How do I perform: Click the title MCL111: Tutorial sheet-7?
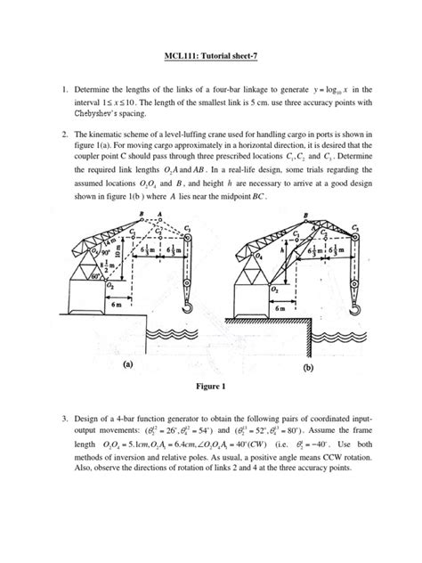click(x=211, y=66)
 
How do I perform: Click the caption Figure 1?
click(x=210, y=387)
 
